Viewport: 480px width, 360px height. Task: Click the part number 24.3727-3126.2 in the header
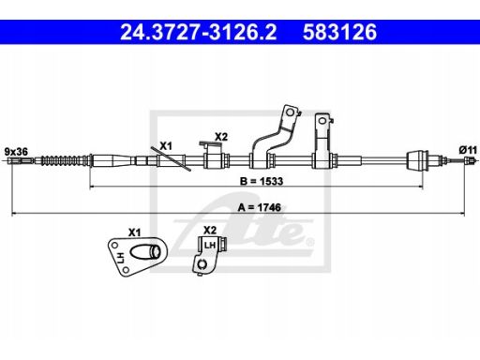coord(199,32)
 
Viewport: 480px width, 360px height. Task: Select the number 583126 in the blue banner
coord(340,32)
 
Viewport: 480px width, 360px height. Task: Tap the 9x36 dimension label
coord(16,152)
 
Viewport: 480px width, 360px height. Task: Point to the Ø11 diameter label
coord(468,150)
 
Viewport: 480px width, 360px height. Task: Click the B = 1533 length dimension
coord(262,181)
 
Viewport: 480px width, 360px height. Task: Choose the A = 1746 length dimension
coord(259,207)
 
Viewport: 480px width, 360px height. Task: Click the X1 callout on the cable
coord(166,146)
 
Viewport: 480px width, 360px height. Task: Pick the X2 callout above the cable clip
coord(221,137)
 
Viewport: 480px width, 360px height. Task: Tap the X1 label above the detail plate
coord(134,232)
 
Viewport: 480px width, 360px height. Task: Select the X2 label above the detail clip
coord(210,231)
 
